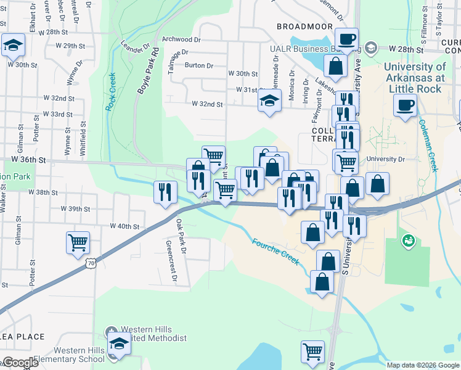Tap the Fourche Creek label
276,252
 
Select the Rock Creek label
112,92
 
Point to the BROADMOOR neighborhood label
304,27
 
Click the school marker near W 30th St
12,45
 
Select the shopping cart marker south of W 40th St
78,242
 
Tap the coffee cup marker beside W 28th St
347,38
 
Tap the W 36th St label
29,160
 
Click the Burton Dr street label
198,65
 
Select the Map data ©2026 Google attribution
422,365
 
